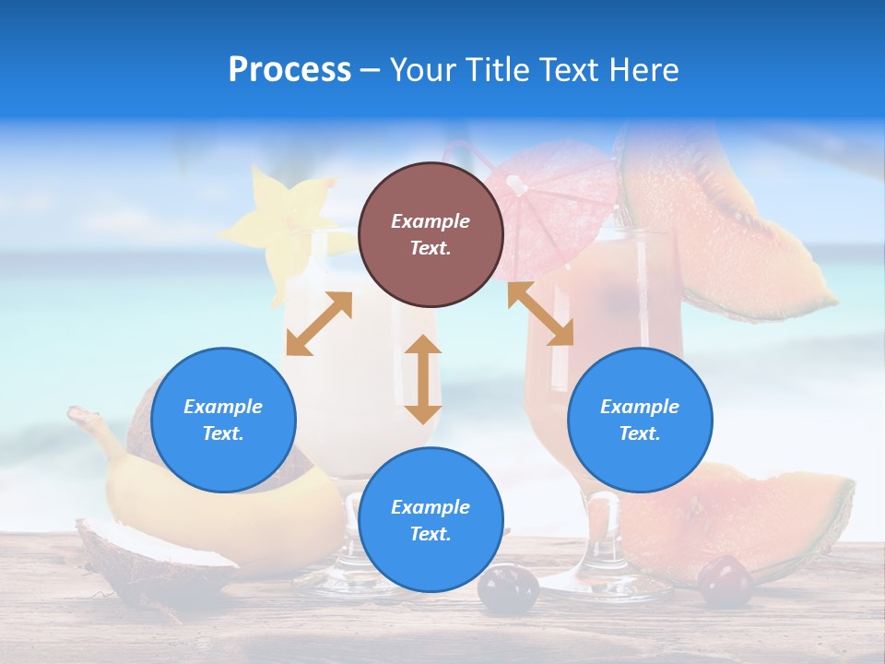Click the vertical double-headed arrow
(x=423, y=379)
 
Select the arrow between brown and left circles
(x=319, y=323)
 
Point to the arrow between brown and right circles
(x=541, y=314)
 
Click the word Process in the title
(x=289, y=69)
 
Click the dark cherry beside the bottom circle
(x=508, y=588)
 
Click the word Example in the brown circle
(x=431, y=221)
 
